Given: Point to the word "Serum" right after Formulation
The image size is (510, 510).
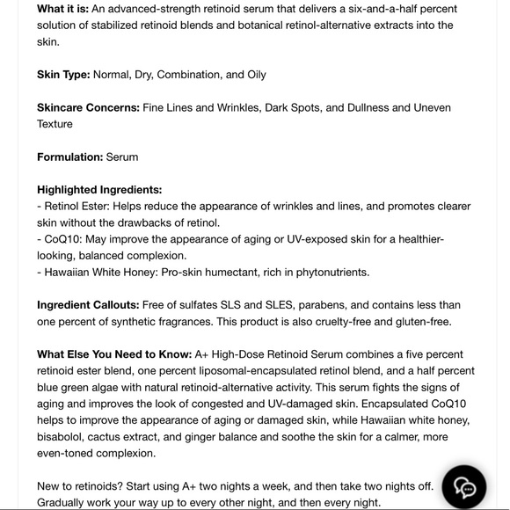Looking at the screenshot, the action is tap(122, 157).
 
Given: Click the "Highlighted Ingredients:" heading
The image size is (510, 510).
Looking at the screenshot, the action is tap(99, 189).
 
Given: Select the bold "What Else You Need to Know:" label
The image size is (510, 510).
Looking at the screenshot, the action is tap(114, 354).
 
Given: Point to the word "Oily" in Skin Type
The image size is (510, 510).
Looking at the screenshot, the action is tap(251, 75).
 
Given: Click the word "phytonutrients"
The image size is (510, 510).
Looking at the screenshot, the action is tap(329, 272).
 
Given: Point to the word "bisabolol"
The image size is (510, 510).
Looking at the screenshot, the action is tap(65, 437).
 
